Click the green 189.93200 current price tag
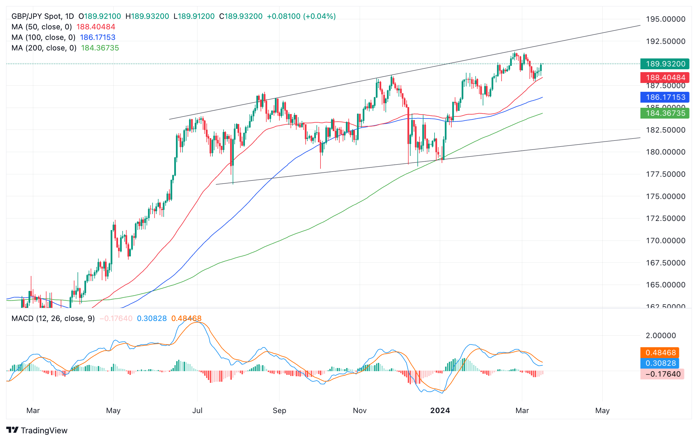665,64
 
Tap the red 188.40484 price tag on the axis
665,77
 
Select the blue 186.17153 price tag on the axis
665,97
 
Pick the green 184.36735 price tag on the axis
665,113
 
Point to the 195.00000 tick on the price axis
665,19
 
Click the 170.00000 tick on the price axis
665,241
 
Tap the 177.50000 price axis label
665,174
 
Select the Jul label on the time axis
197,410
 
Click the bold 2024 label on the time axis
440,410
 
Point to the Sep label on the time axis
279,410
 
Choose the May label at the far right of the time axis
602,410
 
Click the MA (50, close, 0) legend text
41,27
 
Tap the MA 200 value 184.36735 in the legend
100,48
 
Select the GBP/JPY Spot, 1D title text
42,16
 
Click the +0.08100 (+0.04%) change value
301,16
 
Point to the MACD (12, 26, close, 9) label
53,318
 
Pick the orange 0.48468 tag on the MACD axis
660,353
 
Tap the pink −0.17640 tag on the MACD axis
663,374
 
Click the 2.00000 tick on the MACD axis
661,336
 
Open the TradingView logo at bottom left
37,430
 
